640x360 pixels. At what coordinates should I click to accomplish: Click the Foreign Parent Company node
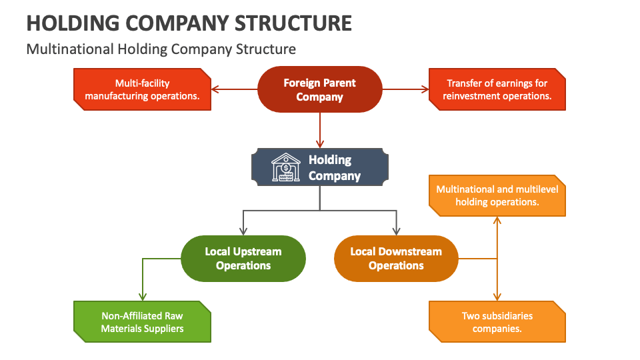(x=320, y=89)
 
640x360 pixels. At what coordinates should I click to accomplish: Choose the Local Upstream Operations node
(x=243, y=258)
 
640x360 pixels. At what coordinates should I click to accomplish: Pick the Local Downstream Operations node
(x=396, y=258)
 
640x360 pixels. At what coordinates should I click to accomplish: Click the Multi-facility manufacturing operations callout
(x=141, y=89)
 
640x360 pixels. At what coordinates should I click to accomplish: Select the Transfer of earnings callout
(x=497, y=89)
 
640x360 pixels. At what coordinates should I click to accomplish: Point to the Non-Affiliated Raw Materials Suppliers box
(x=141, y=322)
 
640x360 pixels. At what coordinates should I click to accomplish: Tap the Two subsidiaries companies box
(x=497, y=322)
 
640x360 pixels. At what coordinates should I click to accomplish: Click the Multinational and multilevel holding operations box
(x=497, y=195)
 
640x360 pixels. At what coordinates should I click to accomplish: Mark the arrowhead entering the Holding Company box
(x=320, y=143)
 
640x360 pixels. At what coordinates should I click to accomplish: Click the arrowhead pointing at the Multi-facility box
(x=215, y=89)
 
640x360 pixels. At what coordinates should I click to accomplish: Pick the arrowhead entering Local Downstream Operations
(x=396, y=231)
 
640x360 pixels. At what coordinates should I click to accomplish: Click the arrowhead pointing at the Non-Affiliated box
(x=141, y=297)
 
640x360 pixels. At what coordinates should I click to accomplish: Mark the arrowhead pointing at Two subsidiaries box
(x=497, y=297)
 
